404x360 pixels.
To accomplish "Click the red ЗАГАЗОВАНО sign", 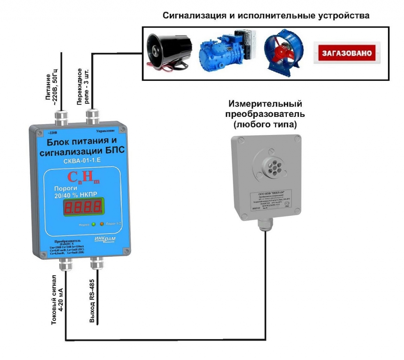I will pyautogui.click(x=347, y=52).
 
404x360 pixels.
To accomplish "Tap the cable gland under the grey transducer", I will pyautogui.click(x=265, y=224).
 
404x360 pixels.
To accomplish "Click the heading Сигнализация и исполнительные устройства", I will pyautogui.click(x=266, y=16).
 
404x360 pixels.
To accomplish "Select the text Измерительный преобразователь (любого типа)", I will pyautogui.click(x=265, y=114).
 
